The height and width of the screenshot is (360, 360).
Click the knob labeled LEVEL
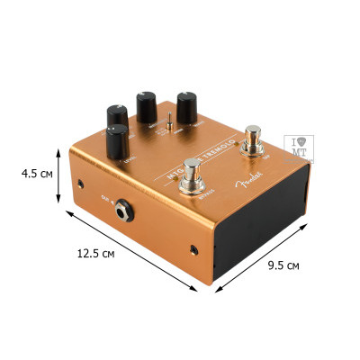[118, 142]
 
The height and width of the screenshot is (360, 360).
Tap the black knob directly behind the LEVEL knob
[117, 115]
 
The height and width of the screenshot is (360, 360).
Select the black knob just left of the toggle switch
[147, 105]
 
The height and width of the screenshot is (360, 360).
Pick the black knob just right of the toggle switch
[189, 108]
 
